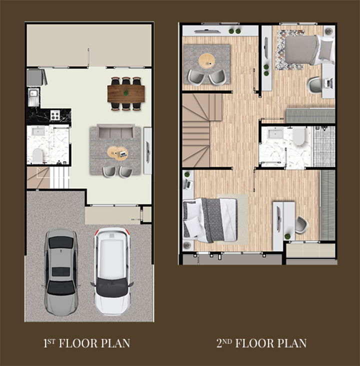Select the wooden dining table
(126, 93)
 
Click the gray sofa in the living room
(116, 131)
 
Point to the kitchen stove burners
(55, 115)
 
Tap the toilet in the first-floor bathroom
(38, 156)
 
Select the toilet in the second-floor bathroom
(299, 136)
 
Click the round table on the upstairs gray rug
(206, 60)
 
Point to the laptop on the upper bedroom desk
(329, 83)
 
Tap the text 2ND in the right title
(224, 343)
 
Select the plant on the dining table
(126, 93)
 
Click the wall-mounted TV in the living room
(148, 151)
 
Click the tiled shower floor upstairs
(324, 147)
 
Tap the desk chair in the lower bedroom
(301, 225)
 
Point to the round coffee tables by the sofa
(117, 153)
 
